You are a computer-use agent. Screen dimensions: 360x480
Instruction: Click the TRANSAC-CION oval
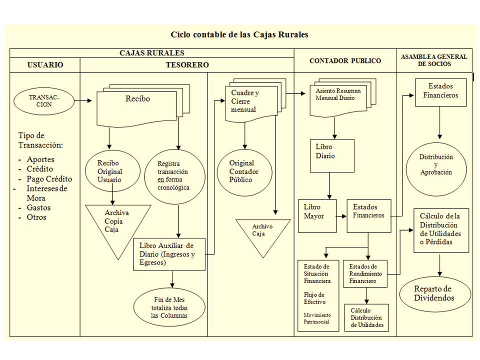(x=44, y=101)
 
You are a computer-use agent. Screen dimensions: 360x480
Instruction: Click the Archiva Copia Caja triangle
(x=118, y=224)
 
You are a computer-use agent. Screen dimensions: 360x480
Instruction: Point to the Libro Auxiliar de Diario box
(x=169, y=254)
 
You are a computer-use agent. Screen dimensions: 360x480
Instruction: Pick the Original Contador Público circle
(x=244, y=172)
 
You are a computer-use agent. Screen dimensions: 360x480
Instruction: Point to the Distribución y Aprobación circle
(x=436, y=164)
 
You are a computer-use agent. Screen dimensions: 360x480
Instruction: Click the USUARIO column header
(x=45, y=65)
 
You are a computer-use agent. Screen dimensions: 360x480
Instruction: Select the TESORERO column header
(x=187, y=65)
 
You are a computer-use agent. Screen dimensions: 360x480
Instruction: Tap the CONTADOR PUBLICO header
(x=345, y=61)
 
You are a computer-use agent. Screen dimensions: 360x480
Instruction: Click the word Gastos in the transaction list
(x=39, y=207)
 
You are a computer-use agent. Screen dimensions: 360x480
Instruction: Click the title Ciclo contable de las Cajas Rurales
(x=239, y=35)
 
